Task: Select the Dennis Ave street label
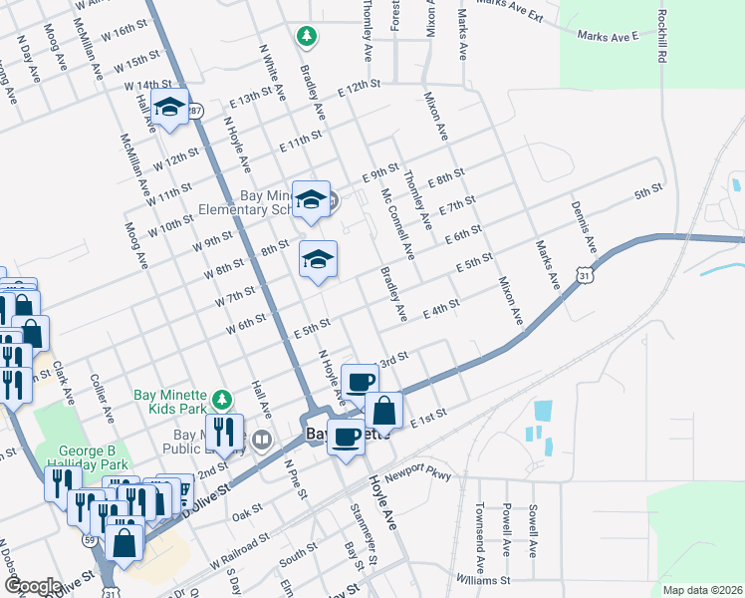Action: (584, 225)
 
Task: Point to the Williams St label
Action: (484, 578)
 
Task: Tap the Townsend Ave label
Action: (480, 528)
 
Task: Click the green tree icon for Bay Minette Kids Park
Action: (225, 399)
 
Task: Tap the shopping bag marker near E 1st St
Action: (383, 410)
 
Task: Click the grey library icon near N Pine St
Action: (263, 439)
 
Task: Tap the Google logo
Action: (33, 585)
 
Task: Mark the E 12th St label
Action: (360, 89)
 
